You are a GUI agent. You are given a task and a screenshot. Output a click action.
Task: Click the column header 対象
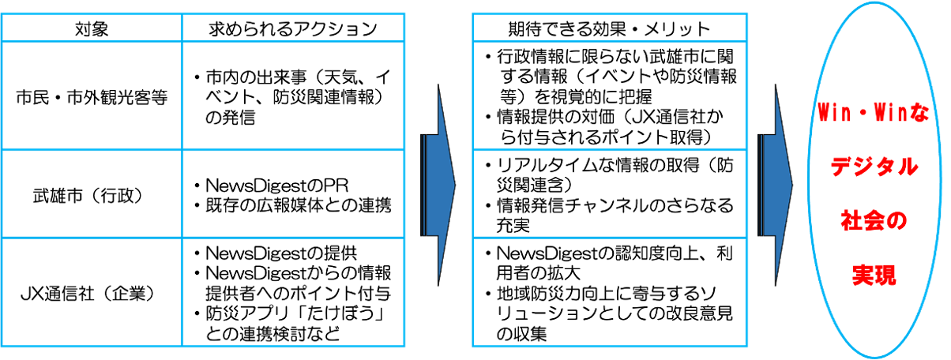pyautogui.click(x=92, y=29)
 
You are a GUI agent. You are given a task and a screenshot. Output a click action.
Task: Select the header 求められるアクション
pyautogui.click(x=293, y=29)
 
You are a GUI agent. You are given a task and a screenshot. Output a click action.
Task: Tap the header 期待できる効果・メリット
pyautogui.click(x=608, y=29)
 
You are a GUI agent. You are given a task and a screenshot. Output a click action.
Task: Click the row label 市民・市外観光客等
pyautogui.click(x=92, y=99)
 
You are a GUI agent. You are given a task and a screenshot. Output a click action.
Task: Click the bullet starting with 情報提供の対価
pyautogui.click(x=608, y=128)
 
